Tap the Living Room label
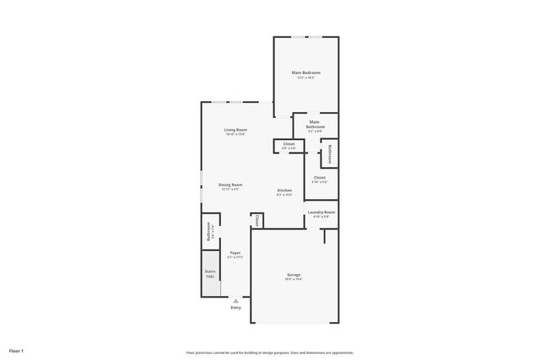point(235,130)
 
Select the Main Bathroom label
point(314,124)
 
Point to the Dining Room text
point(230,185)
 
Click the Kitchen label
point(284,191)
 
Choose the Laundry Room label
point(321,212)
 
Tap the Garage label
point(293,274)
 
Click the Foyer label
point(235,253)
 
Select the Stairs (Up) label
point(209,273)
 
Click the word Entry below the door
point(235,307)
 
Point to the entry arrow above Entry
point(235,299)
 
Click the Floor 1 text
point(17,350)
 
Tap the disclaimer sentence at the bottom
point(269,352)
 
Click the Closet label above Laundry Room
point(320,177)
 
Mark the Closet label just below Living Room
point(289,144)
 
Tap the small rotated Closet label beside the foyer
point(256,220)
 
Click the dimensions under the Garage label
point(293,279)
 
